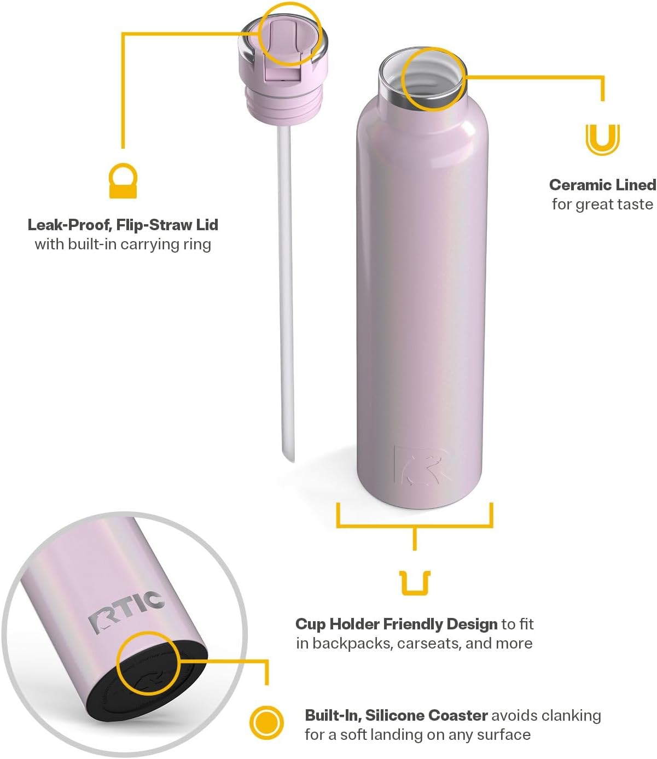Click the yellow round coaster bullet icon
click(266, 723)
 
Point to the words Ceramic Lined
click(603, 185)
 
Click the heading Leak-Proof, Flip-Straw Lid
click(123, 225)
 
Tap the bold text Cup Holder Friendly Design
click(397, 624)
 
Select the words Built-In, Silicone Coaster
click(397, 715)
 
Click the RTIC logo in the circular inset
click(127, 610)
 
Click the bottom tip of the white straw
click(289, 461)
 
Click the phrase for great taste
click(603, 204)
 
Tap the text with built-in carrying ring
click(123, 244)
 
